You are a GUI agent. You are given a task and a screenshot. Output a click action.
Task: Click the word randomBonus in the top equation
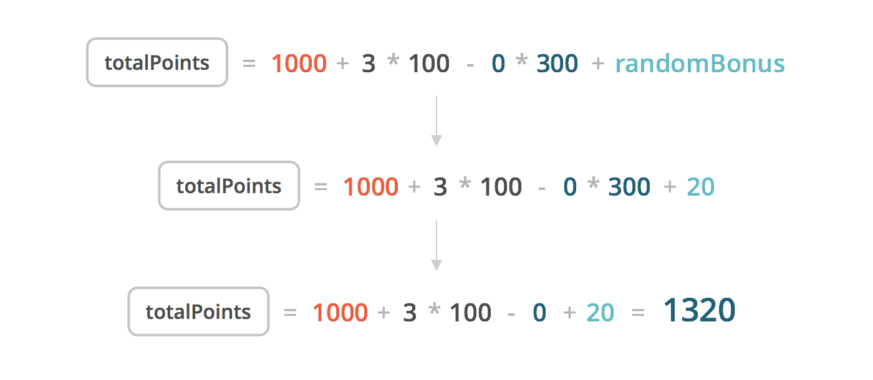(x=700, y=64)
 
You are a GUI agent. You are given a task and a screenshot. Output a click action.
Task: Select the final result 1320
(x=699, y=310)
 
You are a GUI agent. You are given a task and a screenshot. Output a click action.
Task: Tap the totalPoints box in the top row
(x=157, y=62)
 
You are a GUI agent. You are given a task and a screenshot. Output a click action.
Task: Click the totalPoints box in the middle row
(x=229, y=186)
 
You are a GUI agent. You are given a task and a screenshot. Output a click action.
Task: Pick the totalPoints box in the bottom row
(x=198, y=311)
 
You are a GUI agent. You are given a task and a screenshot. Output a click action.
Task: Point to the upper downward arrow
(x=436, y=121)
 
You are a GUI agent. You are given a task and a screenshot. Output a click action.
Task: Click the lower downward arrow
(x=436, y=245)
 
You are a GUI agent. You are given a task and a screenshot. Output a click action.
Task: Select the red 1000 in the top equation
(x=299, y=64)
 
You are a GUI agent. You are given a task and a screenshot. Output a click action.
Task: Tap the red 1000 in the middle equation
(x=371, y=187)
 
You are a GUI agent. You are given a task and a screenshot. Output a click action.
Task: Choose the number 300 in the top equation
(x=557, y=64)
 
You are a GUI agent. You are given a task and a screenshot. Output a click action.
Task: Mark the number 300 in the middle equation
(x=629, y=187)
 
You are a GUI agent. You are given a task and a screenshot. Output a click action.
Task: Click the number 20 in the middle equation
(x=701, y=187)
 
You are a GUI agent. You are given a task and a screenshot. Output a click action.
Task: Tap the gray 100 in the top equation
(x=429, y=64)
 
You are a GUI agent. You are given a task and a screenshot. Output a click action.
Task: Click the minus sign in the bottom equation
(x=511, y=313)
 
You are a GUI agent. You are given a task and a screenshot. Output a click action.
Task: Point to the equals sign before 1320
(x=638, y=313)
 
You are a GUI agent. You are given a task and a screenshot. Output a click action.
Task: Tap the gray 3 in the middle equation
(x=440, y=187)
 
